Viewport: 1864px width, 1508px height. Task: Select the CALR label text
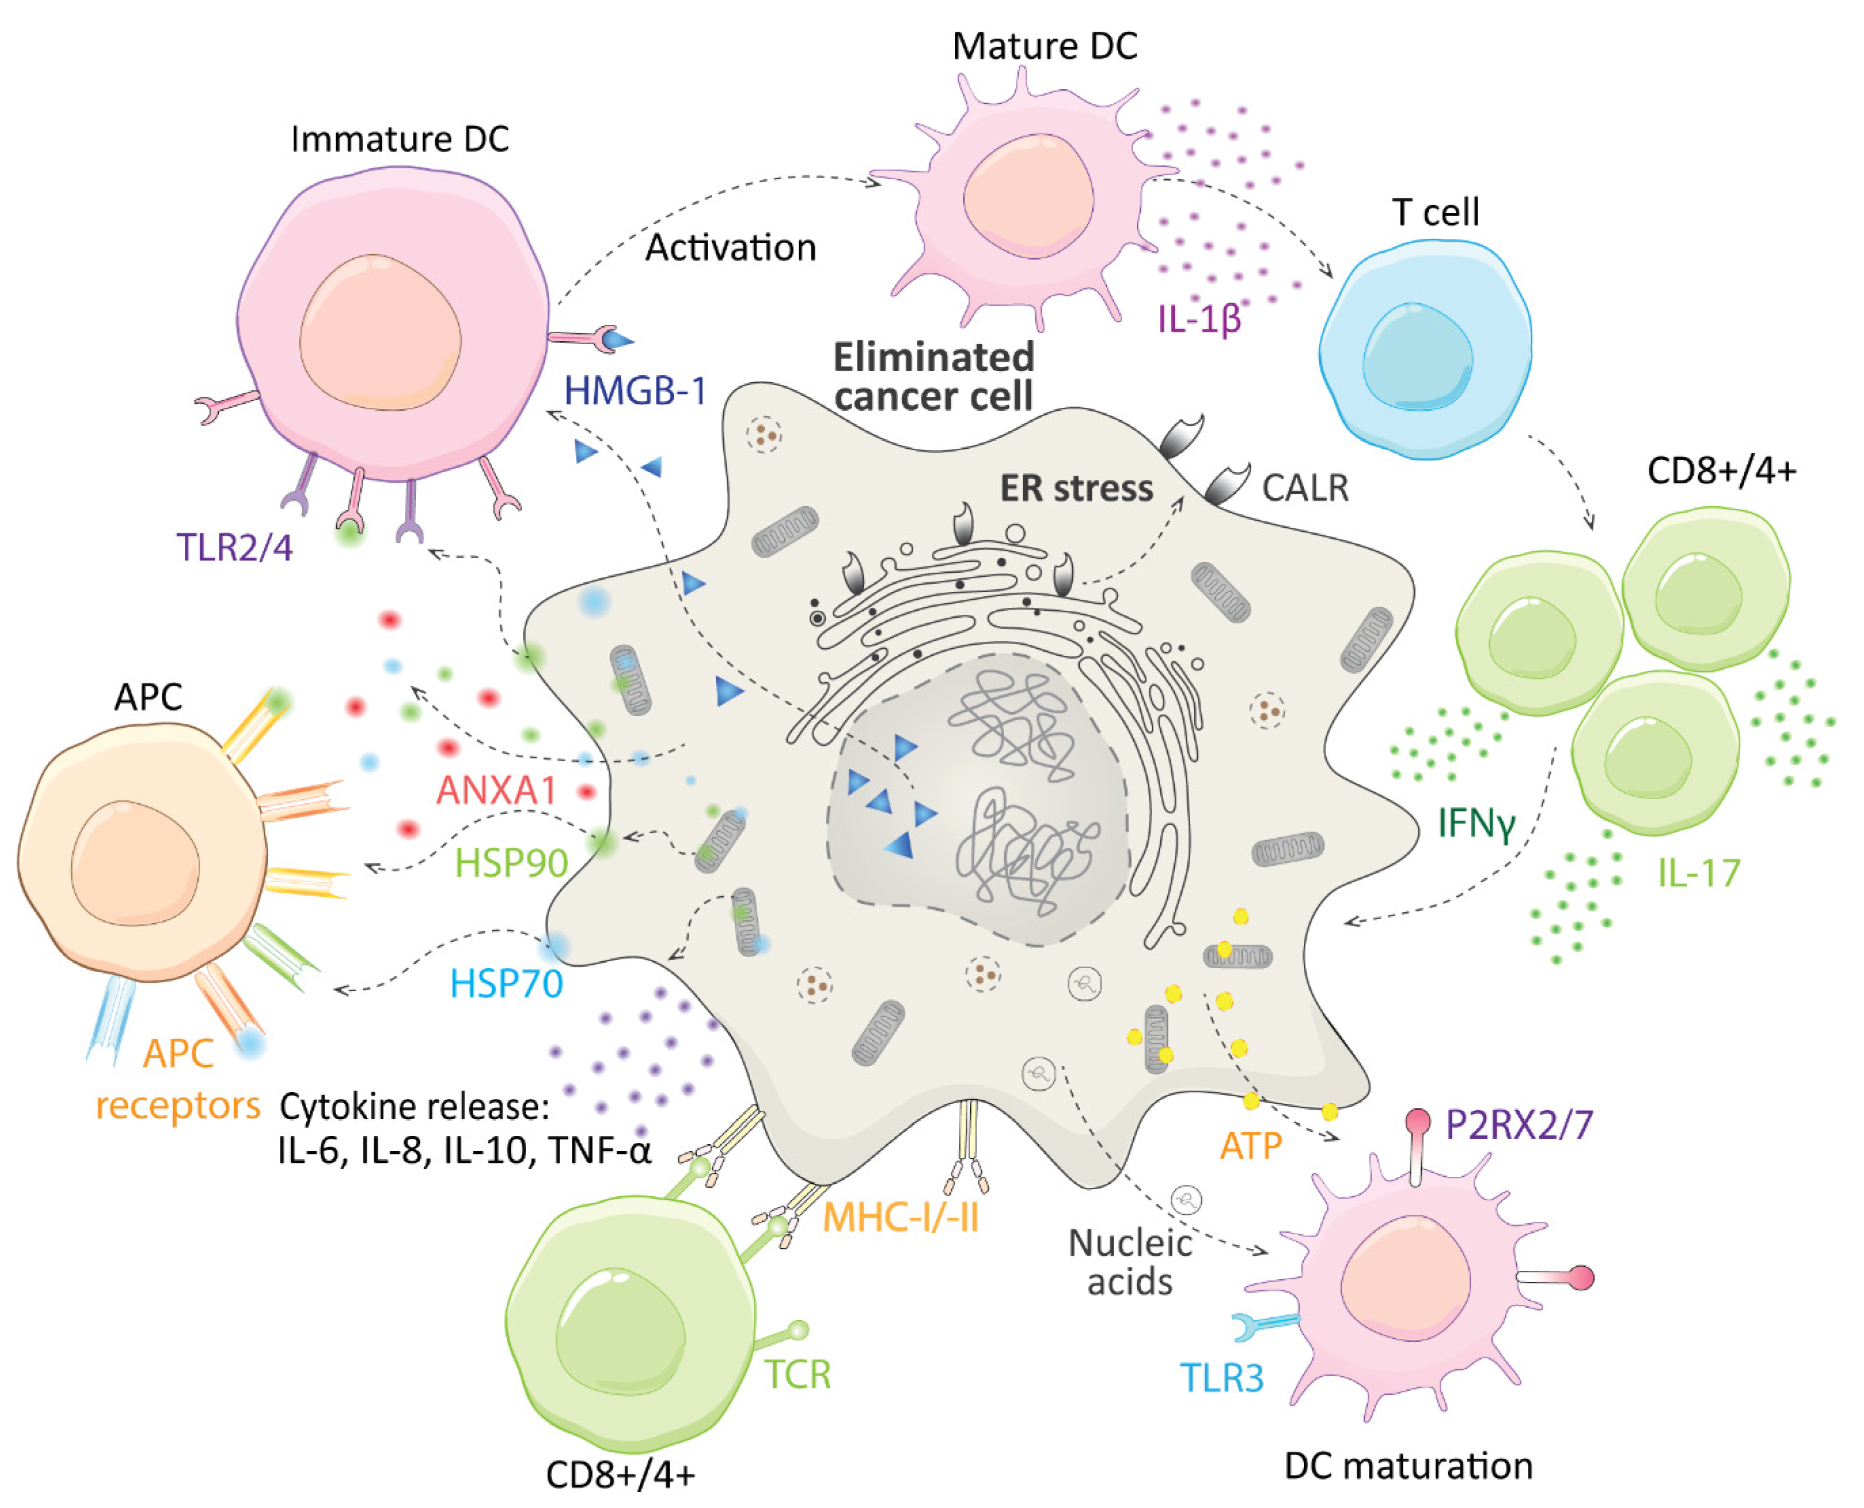pos(1305,488)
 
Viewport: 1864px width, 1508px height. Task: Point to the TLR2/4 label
pos(234,547)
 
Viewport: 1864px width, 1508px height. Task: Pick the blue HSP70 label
pos(506,984)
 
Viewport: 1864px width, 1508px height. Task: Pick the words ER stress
pos(1076,488)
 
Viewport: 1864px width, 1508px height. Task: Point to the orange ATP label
pos(1250,1147)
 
